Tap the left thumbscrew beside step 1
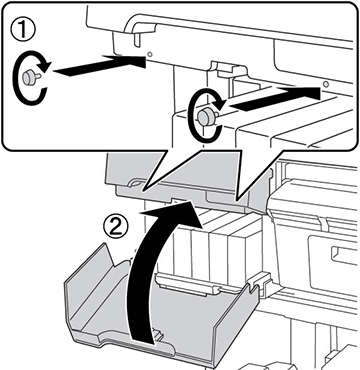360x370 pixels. [x=31, y=77]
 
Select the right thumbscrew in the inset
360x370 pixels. [x=207, y=116]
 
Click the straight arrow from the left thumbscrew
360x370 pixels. [x=99, y=66]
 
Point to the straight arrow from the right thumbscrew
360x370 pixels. [x=275, y=97]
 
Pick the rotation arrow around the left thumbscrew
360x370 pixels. [x=30, y=77]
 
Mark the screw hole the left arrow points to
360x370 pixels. [x=149, y=54]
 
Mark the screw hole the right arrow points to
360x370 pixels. [x=325, y=83]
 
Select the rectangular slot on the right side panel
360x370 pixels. [x=340, y=255]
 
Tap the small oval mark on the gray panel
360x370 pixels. [x=136, y=184]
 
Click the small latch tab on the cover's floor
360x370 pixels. [x=156, y=334]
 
